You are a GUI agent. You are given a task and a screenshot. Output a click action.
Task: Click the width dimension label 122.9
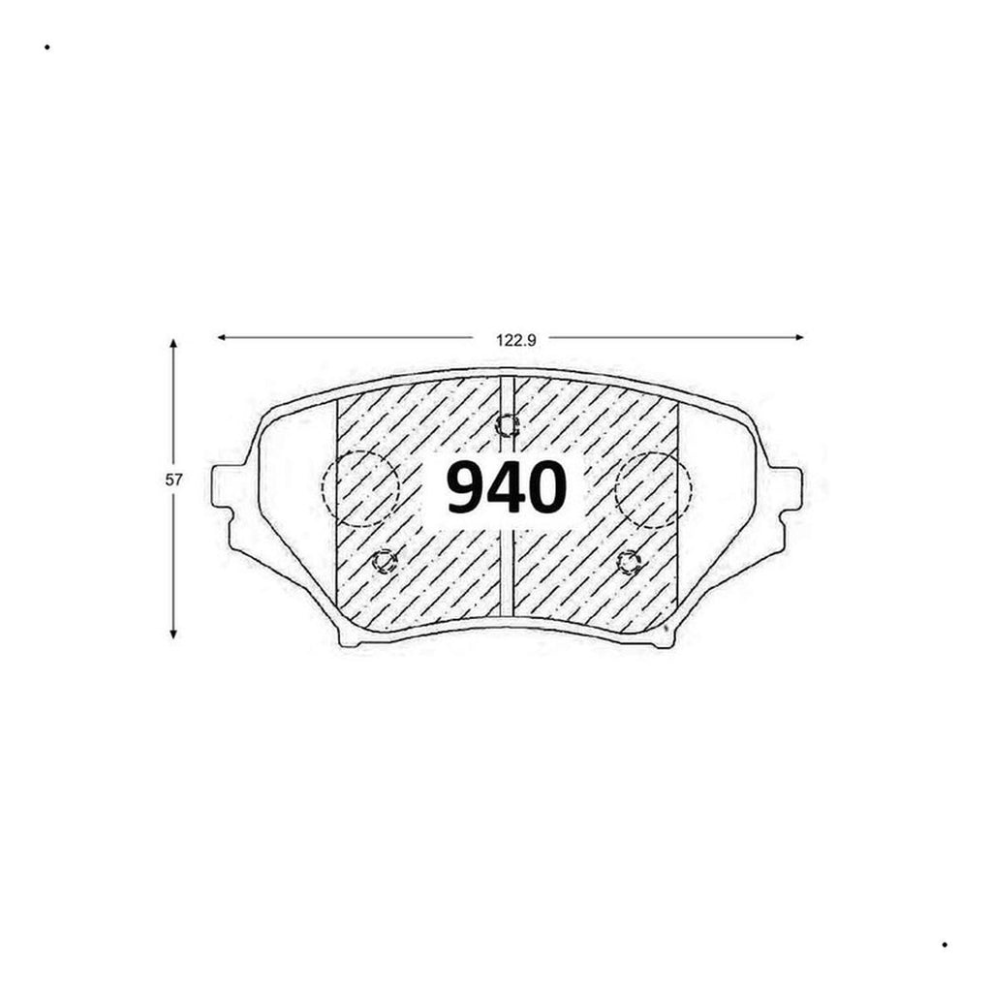(x=516, y=340)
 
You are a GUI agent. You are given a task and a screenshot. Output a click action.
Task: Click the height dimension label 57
(x=174, y=480)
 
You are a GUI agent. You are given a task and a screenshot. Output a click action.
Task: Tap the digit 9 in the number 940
(x=466, y=487)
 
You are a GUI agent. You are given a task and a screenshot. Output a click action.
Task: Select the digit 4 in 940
(x=506, y=487)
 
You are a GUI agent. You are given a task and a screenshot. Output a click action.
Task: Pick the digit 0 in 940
(x=546, y=487)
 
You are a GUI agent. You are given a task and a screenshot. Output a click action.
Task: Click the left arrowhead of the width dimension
(x=222, y=338)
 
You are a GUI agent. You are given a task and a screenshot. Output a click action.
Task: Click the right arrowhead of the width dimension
(x=799, y=338)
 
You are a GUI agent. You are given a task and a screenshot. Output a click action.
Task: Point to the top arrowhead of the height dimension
(x=173, y=344)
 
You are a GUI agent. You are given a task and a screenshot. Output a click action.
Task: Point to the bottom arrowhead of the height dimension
(x=173, y=634)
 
